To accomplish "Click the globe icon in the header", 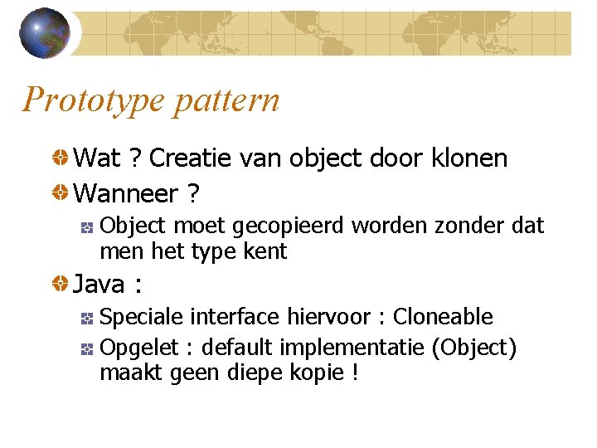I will tap(45, 33).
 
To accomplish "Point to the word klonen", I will tap(469, 158).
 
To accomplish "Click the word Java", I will tap(99, 285).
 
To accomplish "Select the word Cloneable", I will tap(443, 317).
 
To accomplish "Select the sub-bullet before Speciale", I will tap(86, 318).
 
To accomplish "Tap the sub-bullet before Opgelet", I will tap(86, 348).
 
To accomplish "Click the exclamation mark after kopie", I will tap(355, 373).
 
